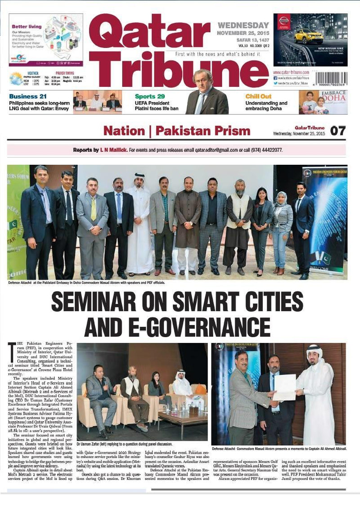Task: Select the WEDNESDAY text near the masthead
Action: (x=243, y=25)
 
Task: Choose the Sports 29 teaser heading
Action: (x=150, y=96)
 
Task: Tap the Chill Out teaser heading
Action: (x=258, y=96)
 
